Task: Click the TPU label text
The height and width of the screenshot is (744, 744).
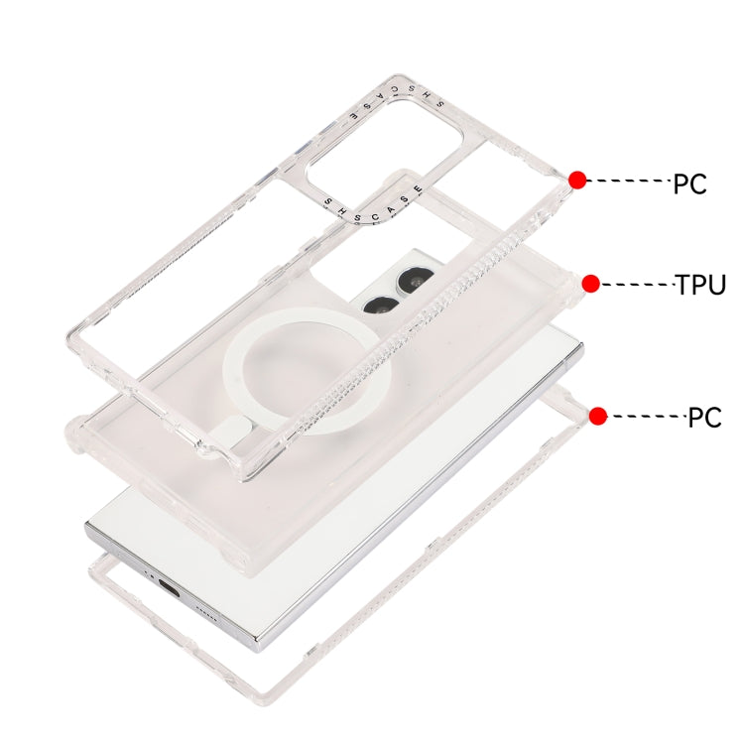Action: (700, 285)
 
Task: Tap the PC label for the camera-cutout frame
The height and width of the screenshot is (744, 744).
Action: (689, 184)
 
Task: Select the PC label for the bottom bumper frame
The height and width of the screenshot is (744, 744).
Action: (704, 418)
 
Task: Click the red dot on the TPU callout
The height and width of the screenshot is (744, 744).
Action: (591, 284)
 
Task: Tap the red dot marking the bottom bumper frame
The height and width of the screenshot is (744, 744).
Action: (598, 416)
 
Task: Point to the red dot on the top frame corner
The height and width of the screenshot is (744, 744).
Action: (577, 181)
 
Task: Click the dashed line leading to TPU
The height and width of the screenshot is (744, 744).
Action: (637, 285)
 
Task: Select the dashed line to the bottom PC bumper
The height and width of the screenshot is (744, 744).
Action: (647, 416)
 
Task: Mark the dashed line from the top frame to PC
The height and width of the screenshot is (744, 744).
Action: (629, 181)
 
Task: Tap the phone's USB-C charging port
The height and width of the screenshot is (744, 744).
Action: (170, 589)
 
